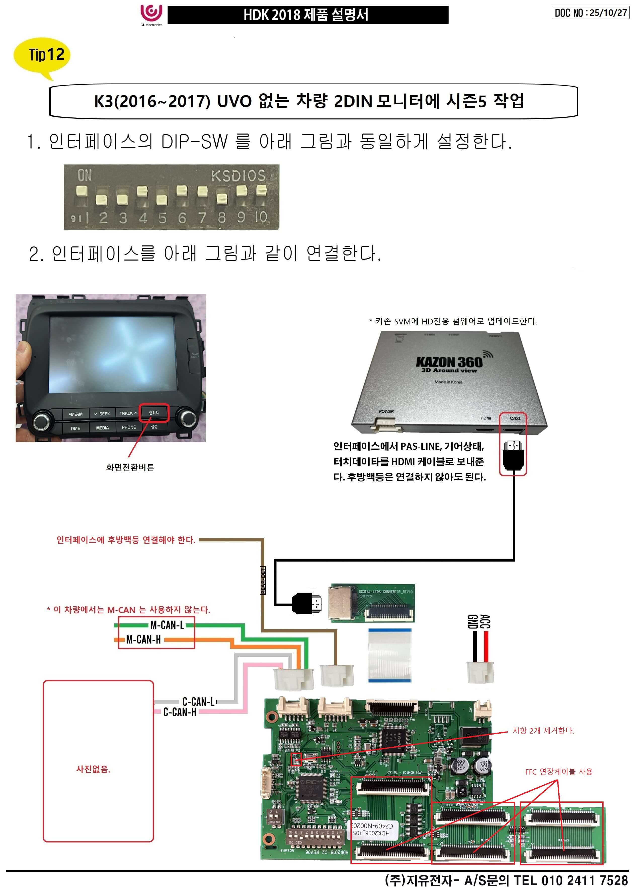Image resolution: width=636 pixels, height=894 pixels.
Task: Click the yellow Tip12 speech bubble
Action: point(42,55)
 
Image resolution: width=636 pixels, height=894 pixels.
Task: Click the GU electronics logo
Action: point(151,15)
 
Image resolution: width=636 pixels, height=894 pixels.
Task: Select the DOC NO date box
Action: point(590,13)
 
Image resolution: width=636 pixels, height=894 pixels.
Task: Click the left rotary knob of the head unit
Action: point(42,421)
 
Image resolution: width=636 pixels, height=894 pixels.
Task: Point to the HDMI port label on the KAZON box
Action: point(485,418)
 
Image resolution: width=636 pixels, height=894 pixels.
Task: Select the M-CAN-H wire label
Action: point(143,640)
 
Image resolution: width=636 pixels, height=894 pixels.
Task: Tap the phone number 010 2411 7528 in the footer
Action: point(584,881)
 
